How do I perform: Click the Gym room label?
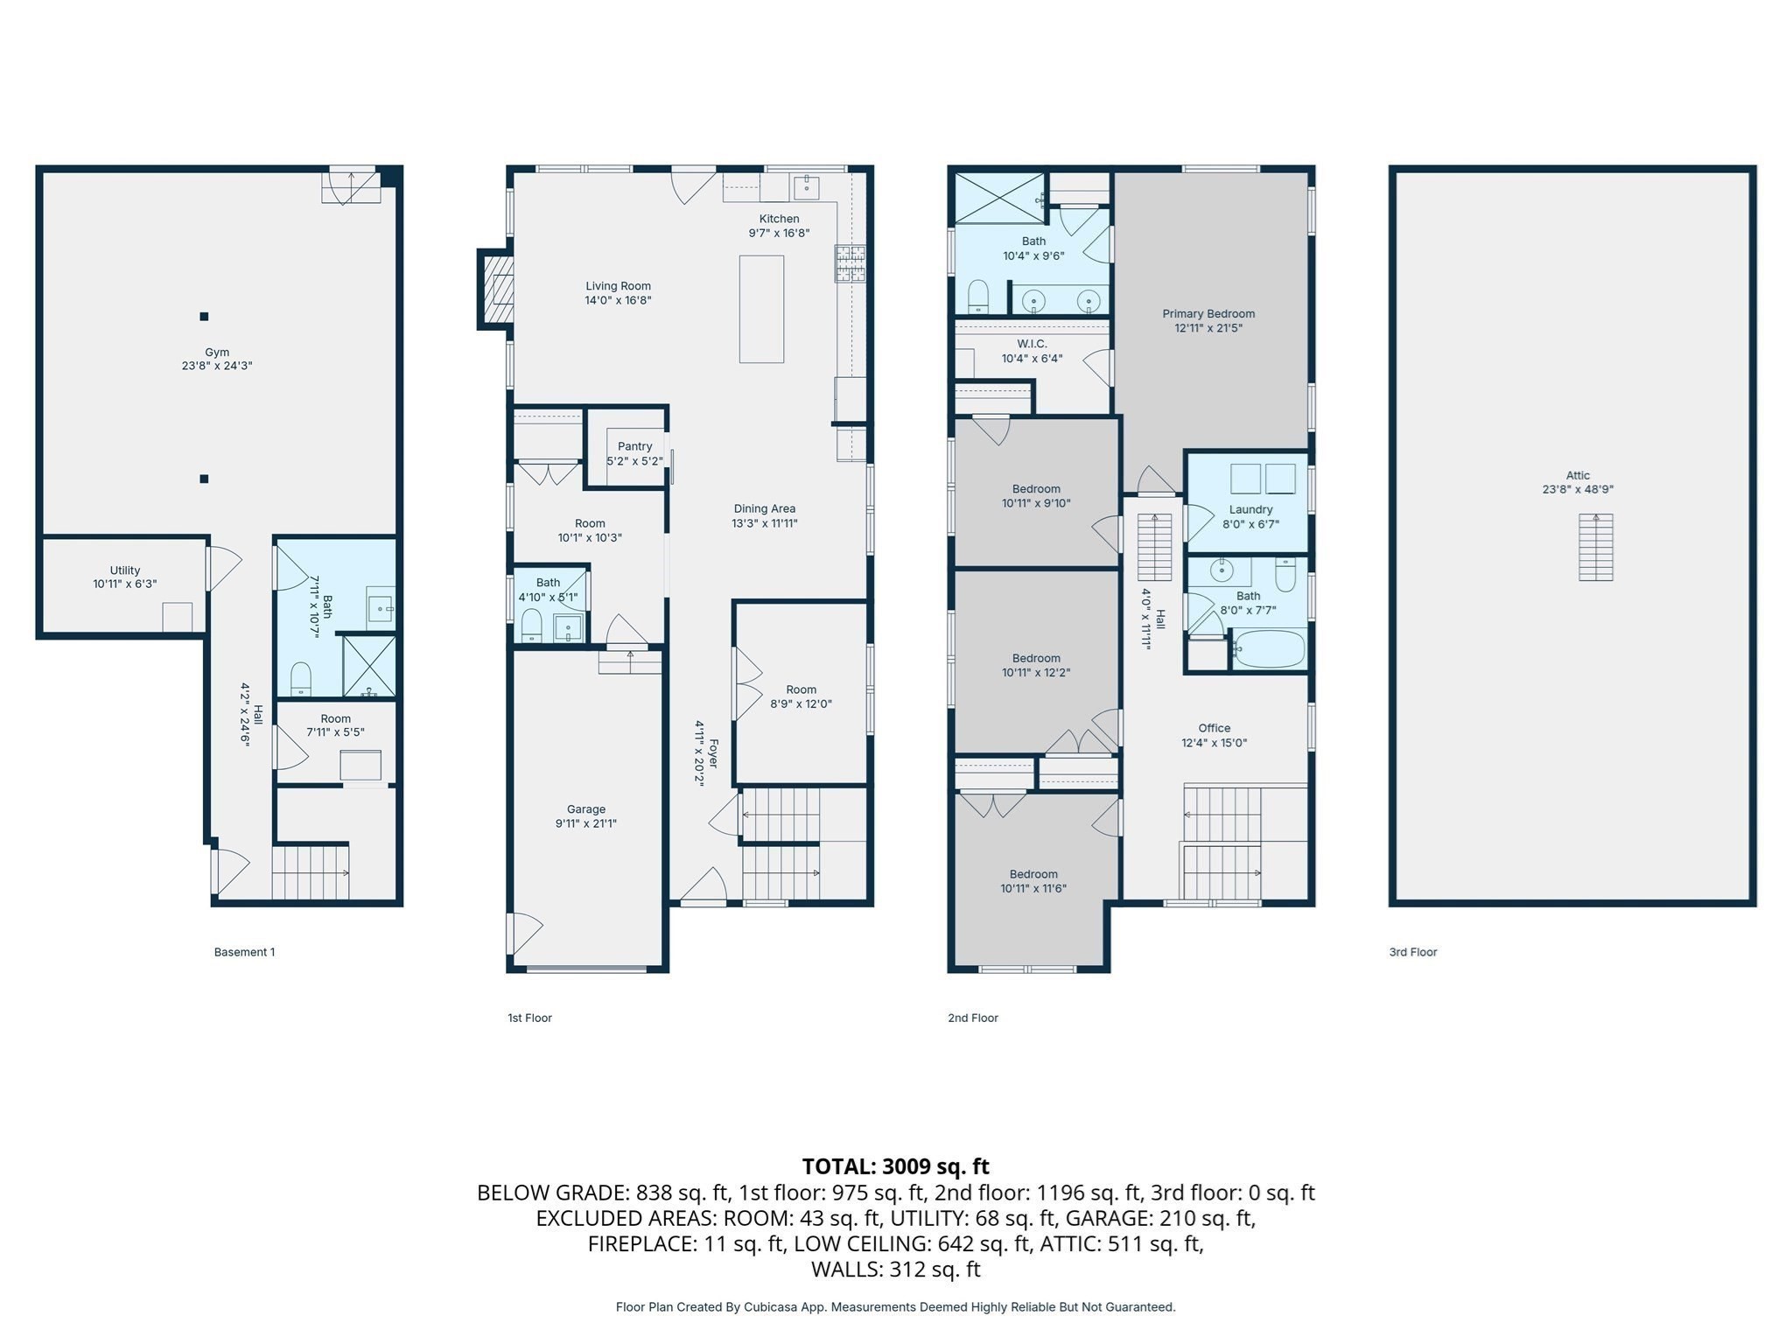coord(217,353)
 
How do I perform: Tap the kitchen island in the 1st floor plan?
coord(761,309)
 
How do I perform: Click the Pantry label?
coord(634,446)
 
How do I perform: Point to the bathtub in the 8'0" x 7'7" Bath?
coord(1269,649)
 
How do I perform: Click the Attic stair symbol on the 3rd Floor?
coord(1595,548)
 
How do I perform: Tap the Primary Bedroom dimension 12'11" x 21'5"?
coord(1208,328)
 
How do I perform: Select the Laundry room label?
coord(1250,509)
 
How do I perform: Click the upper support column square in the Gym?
coord(204,317)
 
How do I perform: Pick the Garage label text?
coord(585,809)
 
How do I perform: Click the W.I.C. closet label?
coord(1032,344)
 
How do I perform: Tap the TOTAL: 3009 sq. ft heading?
coord(895,1166)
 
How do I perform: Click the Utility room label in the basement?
coord(125,570)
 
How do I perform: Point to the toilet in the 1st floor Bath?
coord(531,626)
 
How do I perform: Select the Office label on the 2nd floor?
coord(1214,728)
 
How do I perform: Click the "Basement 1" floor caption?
coord(244,952)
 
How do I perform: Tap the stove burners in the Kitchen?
coord(850,263)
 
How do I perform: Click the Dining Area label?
coord(764,508)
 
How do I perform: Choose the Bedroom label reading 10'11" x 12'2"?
coord(1036,658)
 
